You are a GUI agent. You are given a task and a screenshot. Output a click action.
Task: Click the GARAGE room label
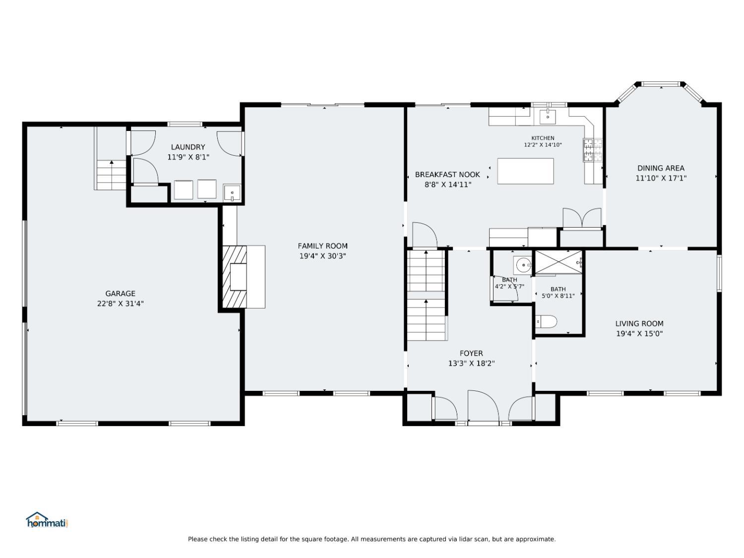click(x=120, y=294)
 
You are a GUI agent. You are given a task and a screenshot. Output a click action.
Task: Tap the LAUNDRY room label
click(x=188, y=147)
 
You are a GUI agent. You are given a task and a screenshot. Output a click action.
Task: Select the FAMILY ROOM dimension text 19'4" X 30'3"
click(x=322, y=256)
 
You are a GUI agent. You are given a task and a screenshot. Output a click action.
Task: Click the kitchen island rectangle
click(x=525, y=171)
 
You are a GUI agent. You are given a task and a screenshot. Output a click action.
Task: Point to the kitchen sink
click(x=548, y=116)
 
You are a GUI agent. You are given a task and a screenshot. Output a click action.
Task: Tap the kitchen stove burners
click(x=593, y=150)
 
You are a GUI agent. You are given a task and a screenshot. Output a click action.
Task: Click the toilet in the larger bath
click(x=546, y=321)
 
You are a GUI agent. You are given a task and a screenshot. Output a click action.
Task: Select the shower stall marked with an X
click(x=558, y=262)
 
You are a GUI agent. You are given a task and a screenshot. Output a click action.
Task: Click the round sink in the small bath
click(x=523, y=265)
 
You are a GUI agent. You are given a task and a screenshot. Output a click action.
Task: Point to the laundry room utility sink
click(x=232, y=193)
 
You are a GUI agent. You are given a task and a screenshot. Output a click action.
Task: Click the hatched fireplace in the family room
click(x=234, y=276)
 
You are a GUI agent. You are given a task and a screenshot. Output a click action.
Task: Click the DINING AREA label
click(x=661, y=168)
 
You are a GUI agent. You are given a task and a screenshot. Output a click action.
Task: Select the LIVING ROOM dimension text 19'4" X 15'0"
click(x=639, y=333)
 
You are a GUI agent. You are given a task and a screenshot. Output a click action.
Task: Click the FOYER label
click(x=471, y=353)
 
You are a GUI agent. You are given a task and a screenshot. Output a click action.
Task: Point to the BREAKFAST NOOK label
click(x=447, y=175)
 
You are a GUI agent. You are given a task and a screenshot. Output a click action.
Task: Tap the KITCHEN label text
click(x=543, y=138)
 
